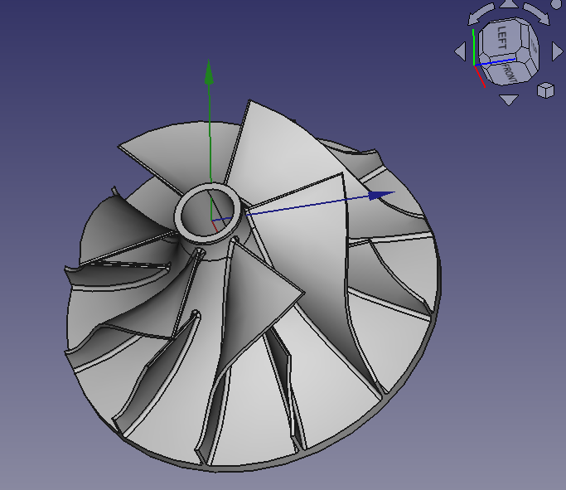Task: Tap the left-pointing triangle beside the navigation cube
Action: click(460, 52)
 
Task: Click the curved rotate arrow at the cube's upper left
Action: click(479, 14)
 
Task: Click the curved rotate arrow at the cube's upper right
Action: click(534, 14)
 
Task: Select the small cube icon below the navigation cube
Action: click(545, 90)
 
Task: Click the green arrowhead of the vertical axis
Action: click(209, 73)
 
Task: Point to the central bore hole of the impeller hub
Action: click(210, 212)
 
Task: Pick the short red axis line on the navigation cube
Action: click(479, 76)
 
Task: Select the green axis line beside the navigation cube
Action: click(473, 46)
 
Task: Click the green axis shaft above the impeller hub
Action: click(209, 133)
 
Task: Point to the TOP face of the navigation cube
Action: click(531, 46)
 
